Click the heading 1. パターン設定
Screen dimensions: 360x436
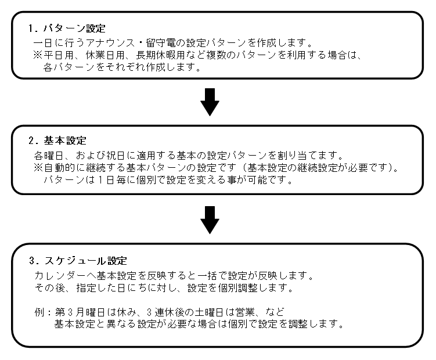point(67,28)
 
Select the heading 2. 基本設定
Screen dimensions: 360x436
point(57,141)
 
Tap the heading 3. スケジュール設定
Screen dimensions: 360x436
point(78,261)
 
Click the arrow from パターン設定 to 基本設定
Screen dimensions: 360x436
point(210,102)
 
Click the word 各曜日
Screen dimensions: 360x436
point(48,156)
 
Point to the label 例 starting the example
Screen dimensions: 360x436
point(38,312)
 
